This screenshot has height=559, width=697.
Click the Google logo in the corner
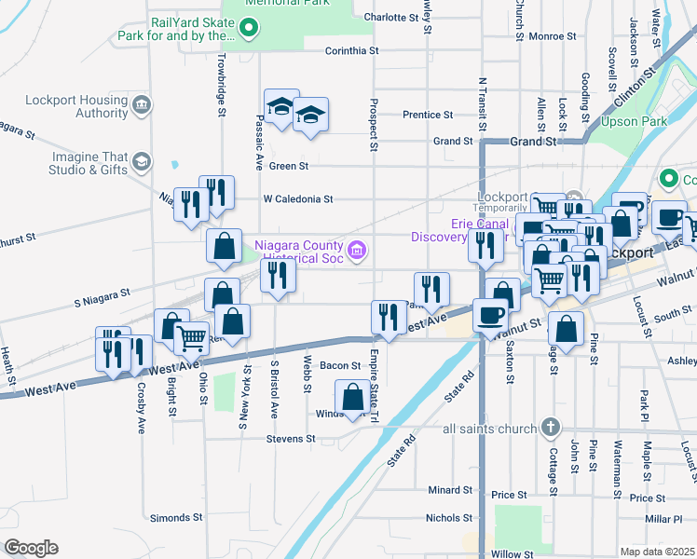31,548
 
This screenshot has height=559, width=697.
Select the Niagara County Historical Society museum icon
355,250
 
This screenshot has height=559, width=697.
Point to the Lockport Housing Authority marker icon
142,102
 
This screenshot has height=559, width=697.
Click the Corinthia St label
351,50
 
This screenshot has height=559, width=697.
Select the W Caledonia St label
297,199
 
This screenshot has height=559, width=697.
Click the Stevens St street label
291,438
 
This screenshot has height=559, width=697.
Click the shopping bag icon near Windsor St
353,398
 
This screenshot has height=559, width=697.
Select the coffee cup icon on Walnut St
490,316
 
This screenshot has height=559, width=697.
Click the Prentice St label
427,115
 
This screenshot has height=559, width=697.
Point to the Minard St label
450,490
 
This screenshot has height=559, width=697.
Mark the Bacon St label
340,366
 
